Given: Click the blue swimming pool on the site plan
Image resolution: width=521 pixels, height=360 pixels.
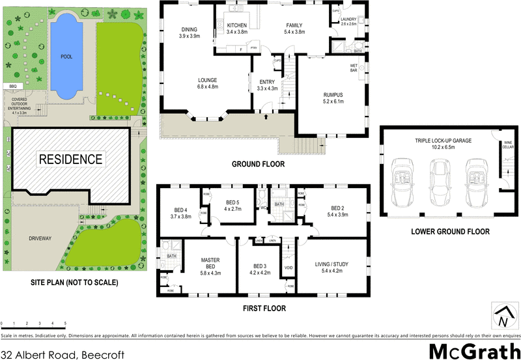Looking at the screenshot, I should (x=65, y=57).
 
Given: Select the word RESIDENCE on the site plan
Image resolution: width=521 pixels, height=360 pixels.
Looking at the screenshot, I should (x=70, y=159).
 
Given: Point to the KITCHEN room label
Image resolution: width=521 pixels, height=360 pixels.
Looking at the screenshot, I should (x=237, y=25).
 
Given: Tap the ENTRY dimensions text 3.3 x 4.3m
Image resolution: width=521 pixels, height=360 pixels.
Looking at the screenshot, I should (x=267, y=89).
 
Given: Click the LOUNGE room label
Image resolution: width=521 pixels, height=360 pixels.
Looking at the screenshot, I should (x=208, y=81).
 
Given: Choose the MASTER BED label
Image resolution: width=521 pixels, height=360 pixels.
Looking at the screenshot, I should (x=210, y=263).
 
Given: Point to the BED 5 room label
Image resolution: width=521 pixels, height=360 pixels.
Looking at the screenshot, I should (x=232, y=201).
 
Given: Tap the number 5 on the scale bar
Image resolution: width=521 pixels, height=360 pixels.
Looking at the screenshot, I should (x=65, y=323).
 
